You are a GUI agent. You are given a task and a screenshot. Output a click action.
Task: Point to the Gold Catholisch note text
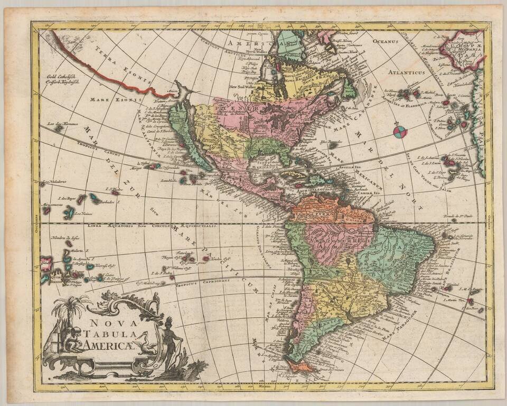pos(64,78)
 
